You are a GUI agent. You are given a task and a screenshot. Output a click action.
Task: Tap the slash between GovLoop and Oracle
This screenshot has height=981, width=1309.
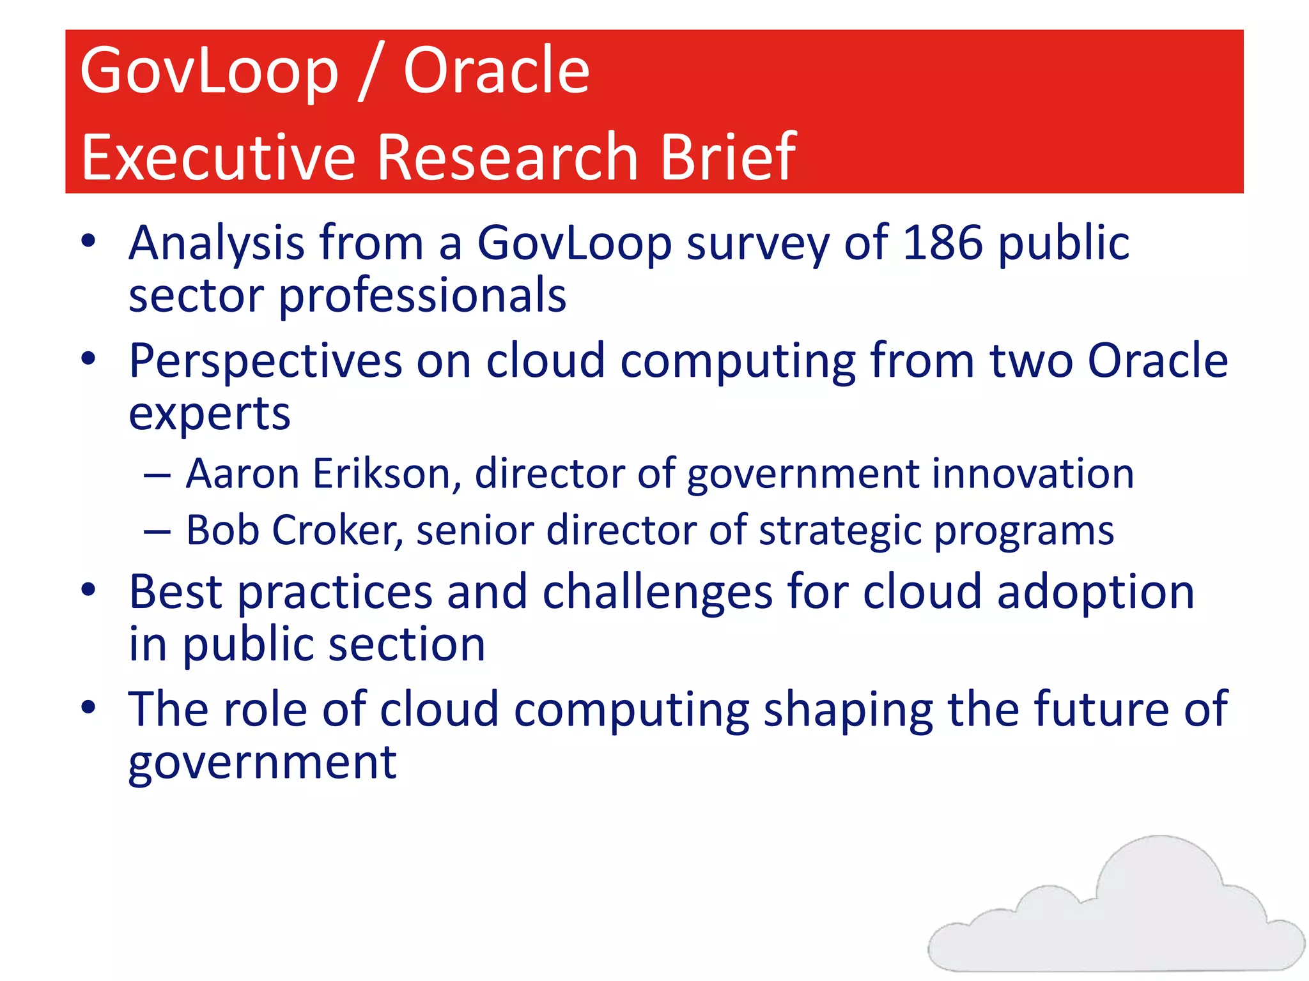pos(370,72)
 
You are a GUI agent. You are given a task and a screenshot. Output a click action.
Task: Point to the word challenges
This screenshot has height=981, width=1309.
pos(658,593)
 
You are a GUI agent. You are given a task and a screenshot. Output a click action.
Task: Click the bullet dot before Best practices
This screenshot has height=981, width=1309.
pos(88,589)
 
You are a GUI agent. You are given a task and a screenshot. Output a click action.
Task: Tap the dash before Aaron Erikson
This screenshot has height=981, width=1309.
pos(157,476)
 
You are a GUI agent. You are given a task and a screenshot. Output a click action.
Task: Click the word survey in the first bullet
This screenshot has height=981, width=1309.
pos(757,245)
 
